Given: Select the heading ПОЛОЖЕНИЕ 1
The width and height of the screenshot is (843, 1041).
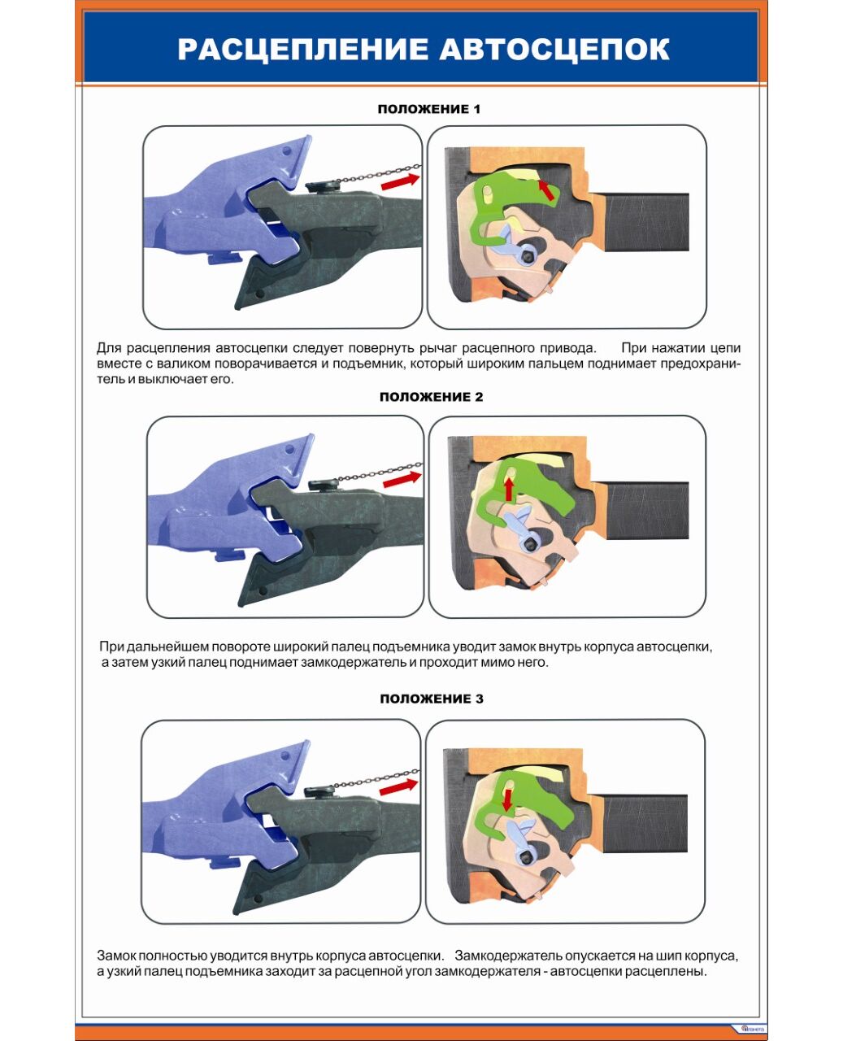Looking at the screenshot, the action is click(x=429, y=109).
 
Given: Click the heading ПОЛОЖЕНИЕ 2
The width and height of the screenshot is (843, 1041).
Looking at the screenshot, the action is click(x=431, y=396).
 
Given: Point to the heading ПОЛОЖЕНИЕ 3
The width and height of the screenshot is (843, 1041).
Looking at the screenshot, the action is click(x=432, y=699).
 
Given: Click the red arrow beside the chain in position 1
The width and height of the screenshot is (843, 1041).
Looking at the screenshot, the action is click(x=400, y=181).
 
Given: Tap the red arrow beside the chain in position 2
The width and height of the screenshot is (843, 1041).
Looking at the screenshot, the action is click(x=402, y=479).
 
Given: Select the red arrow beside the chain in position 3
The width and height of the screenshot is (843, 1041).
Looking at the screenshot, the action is click(x=398, y=786).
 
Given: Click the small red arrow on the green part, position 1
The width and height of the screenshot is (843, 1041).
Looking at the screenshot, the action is click(x=545, y=190).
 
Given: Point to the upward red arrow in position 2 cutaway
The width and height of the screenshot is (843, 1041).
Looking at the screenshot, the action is click(x=509, y=490).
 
